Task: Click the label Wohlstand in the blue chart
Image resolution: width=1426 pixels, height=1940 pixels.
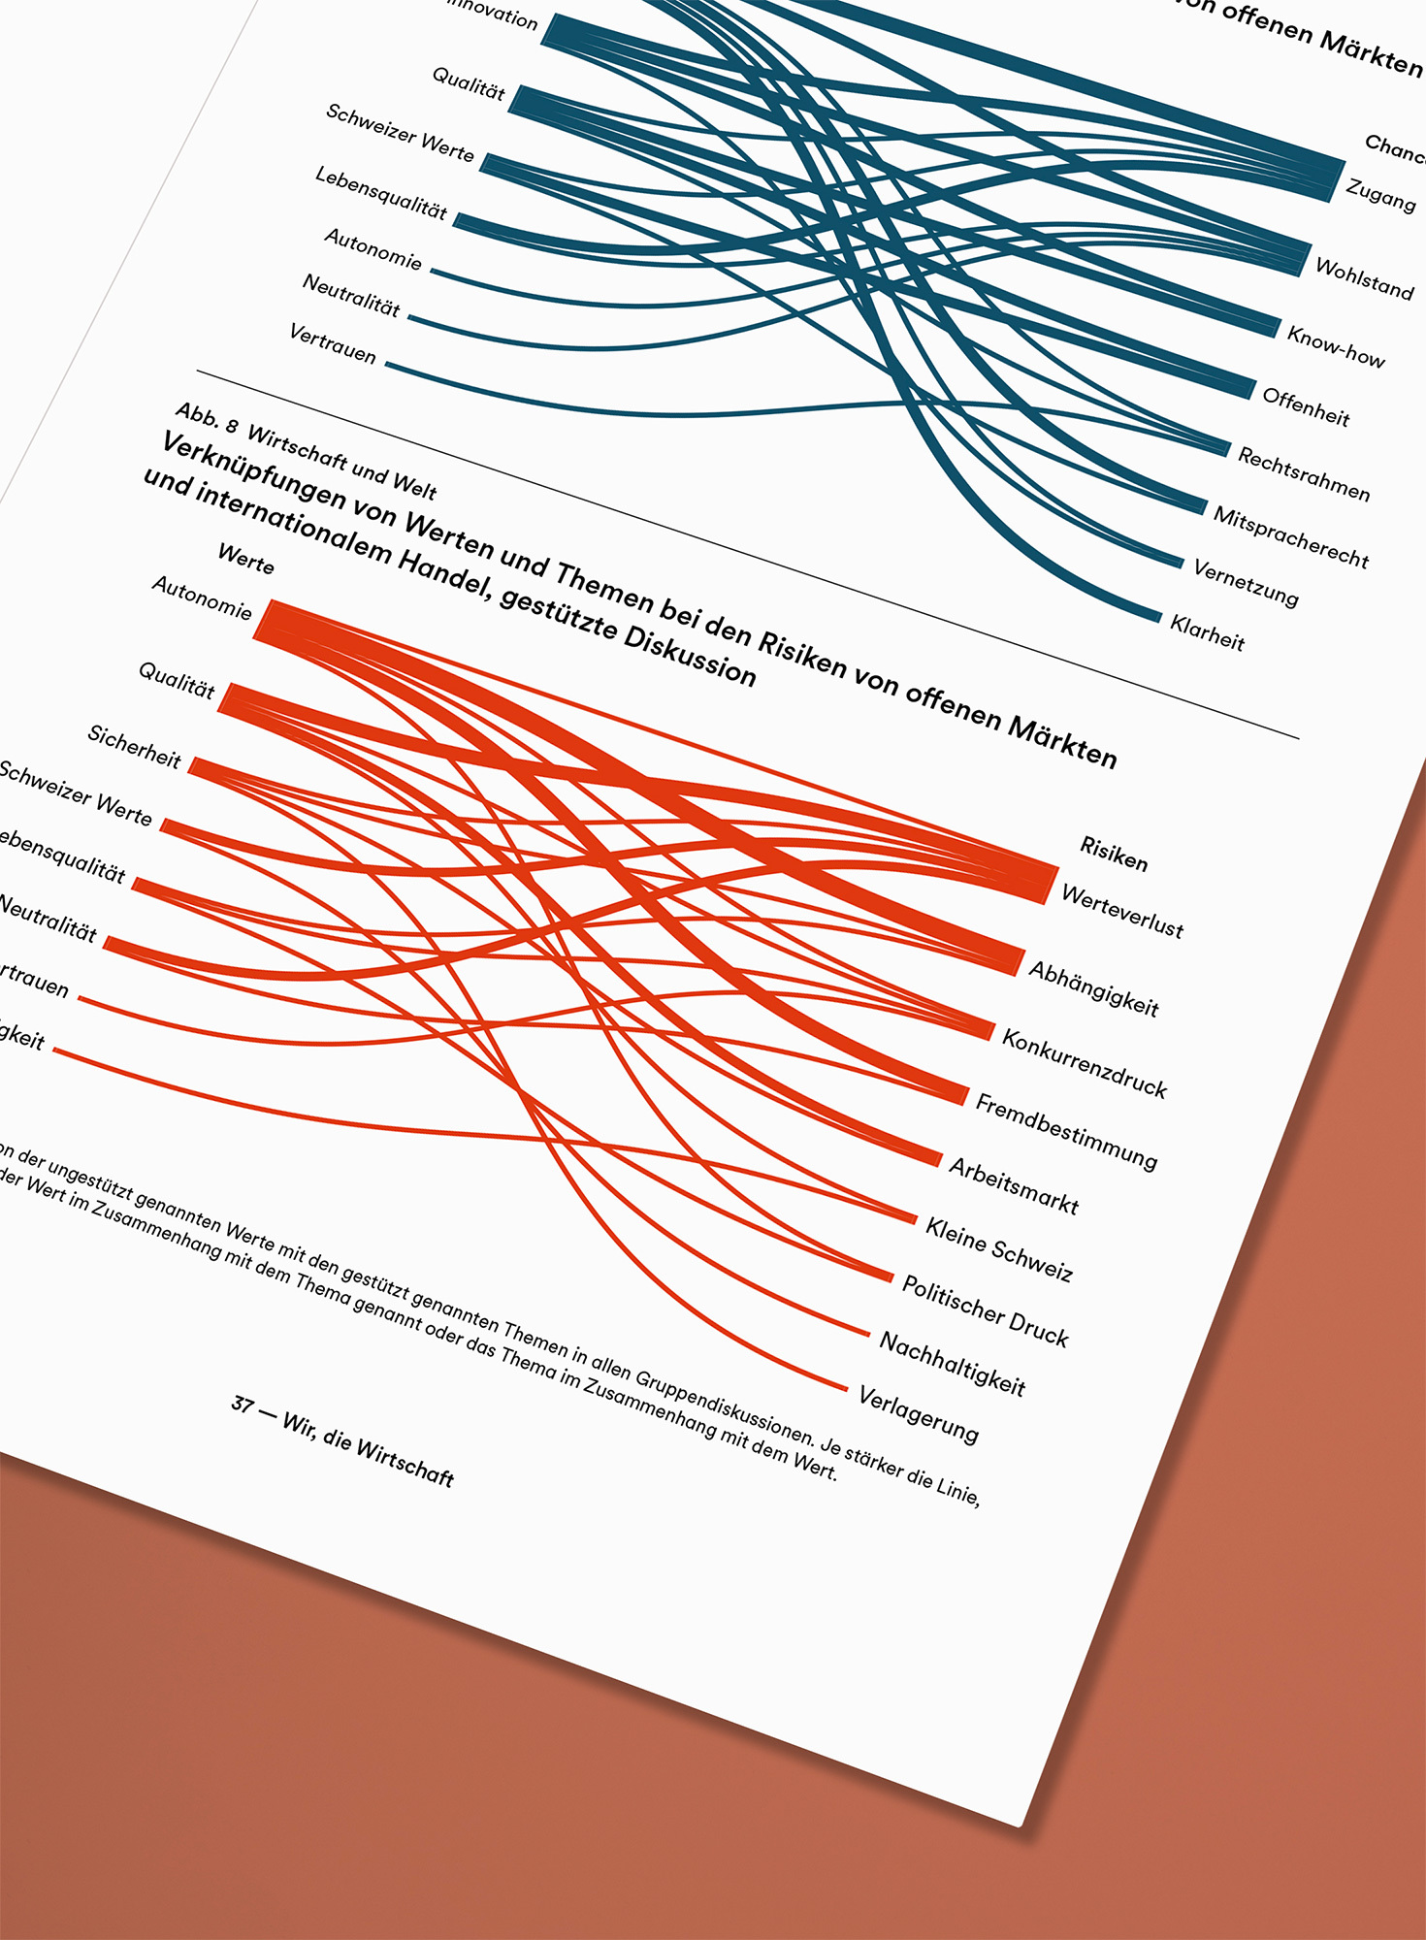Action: click(x=1364, y=278)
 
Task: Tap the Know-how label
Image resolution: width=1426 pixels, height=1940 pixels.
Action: click(x=1336, y=346)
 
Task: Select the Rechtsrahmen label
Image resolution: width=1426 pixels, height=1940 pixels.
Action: click(x=1304, y=474)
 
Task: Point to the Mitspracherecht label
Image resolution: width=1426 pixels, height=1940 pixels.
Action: click(x=1291, y=537)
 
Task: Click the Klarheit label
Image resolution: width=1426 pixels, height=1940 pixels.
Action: click(x=1207, y=632)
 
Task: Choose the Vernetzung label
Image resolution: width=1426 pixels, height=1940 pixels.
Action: click(x=1246, y=583)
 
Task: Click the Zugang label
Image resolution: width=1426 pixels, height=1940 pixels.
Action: click(x=1380, y=195)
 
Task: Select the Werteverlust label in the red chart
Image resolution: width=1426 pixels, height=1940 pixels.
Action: click(x=1122, y=912)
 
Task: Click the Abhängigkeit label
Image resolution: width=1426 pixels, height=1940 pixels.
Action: click(x=1093, y=988)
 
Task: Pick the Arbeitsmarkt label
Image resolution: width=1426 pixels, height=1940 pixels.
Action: click(x=1013, y=1185)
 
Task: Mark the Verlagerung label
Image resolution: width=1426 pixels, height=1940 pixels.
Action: click(x=918, y=1414)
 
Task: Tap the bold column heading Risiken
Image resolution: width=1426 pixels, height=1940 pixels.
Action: click(x=1114, y=854)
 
